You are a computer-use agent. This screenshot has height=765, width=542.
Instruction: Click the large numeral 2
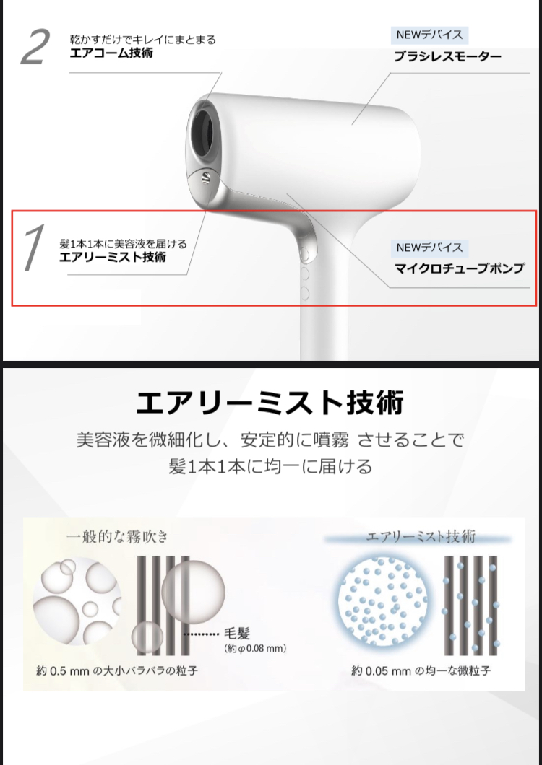point(35,47)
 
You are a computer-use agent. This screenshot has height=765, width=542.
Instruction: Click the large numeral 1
point(34,248)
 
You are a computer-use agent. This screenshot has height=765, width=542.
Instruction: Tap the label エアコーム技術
point(111,53)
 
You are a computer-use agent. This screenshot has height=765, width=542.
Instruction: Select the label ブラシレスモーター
point(447,56)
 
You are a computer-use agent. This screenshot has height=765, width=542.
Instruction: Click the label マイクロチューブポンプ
point(459,268)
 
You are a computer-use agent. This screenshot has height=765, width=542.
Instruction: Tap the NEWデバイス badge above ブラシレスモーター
point(429,35)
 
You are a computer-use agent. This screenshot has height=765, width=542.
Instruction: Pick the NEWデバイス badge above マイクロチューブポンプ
point(429,248)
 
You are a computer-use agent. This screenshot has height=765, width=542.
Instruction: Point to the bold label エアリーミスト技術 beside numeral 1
point(113,257)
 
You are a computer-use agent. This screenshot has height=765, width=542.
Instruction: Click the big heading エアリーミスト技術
point(270,403)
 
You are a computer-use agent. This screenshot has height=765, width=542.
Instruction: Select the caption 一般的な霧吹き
point(118,537)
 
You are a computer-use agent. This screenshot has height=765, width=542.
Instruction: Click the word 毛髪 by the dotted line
point(237,634)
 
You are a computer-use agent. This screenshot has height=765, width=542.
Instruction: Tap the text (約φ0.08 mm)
point(255,648)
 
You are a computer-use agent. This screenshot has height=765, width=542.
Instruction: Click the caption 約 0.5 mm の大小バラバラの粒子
point(117,671)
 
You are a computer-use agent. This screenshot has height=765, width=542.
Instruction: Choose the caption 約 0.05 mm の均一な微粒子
point(421,671)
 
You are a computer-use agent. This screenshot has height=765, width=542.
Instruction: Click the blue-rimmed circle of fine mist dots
point(382,600)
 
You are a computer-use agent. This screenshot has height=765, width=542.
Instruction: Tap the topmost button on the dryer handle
point(304,254)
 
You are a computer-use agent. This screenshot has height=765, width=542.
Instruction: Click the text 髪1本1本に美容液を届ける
point(123,243)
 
